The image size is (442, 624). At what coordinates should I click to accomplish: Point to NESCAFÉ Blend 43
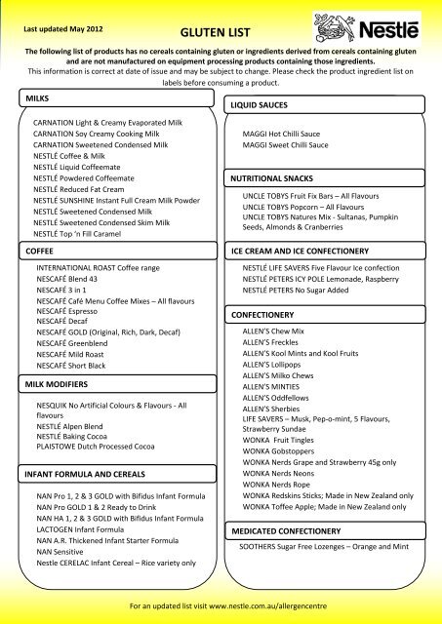click(71, 280)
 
